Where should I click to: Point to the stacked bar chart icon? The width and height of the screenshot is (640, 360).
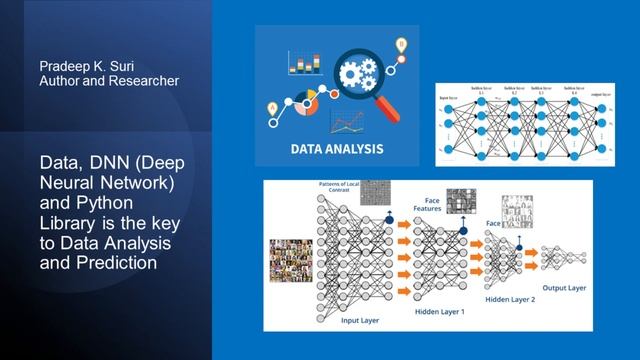299,62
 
